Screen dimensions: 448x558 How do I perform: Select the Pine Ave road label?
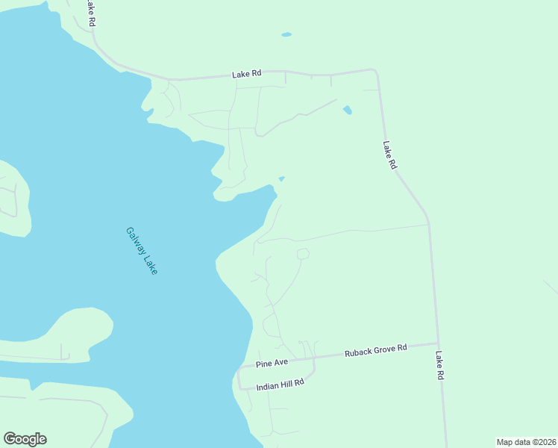pos(272,364)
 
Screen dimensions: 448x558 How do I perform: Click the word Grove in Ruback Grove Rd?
pos(386,349)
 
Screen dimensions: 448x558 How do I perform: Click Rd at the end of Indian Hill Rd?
pos(299,382)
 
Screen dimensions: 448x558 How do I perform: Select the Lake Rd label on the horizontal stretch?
pos(246,74)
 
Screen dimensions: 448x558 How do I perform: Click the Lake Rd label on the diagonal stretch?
pos(389,155)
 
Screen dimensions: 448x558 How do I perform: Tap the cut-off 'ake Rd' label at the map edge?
pos(91,13)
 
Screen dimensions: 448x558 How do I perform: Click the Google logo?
pos(25,439)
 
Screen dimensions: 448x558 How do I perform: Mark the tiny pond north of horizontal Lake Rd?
pos(286,34)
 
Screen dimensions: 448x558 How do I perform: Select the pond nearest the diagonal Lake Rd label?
pos(347,111)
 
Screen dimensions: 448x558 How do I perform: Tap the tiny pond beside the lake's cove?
pos(281,178)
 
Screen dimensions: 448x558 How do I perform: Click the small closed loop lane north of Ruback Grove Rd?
pos(303,254)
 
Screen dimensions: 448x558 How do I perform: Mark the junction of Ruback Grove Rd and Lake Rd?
pos(436,343)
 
